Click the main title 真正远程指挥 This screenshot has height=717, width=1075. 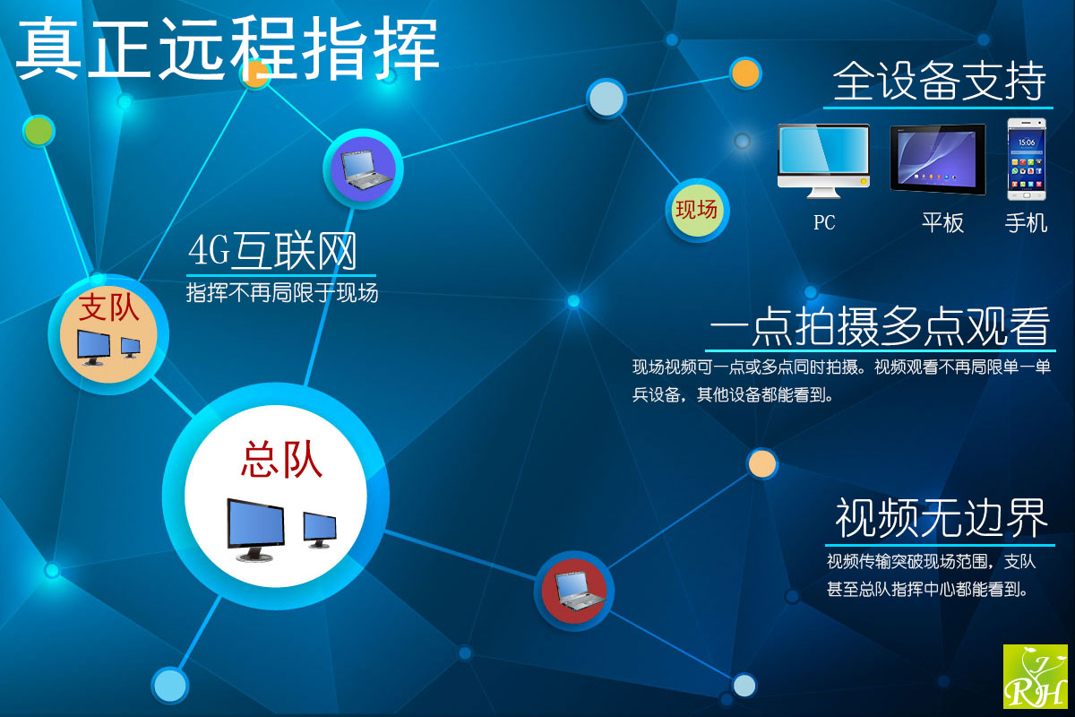pyautogui.click(x=228, y=48)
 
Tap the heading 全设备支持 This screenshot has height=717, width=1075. pyautogui.click(x=939, y=81)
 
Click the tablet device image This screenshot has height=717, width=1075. pyautogui.click(x=938, y=159)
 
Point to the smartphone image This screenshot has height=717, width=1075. pyautogui.click(x=1027, y=159)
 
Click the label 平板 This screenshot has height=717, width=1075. pyautogui.click(x=942, y=223)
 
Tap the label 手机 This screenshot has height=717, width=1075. pyautogui.click(x=1026, y=223)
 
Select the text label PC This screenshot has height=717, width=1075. pyautogui.click(x=824, y=222)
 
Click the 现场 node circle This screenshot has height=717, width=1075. pyautogui.click(x=697, y=211)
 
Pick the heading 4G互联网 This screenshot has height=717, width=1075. pyautogui.click(x=272, y=250)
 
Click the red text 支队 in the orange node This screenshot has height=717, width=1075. pyautogui.click(x=109, y=307)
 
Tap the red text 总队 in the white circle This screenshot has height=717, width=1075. pyautogui.click(x=281, y=460)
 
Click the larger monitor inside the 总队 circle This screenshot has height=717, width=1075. pyautogui.click(x=255, y=530)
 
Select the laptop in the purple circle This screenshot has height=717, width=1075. pyautogui.click(x=366, y=170)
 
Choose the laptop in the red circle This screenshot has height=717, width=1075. pyautogui.click(x=580, y=592)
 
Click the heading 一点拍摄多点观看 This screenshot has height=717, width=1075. pyautogui.click(x=880, y=326)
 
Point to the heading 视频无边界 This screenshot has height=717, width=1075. pyautogui.click(x=942, y=518)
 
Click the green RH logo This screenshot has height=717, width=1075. pyautogui.click(x=1036, y=676)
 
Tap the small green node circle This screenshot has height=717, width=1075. pyautogui.click(x=39, y=131)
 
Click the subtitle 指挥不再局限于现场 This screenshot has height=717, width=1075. pyautogui.click(x=282, y=292)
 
